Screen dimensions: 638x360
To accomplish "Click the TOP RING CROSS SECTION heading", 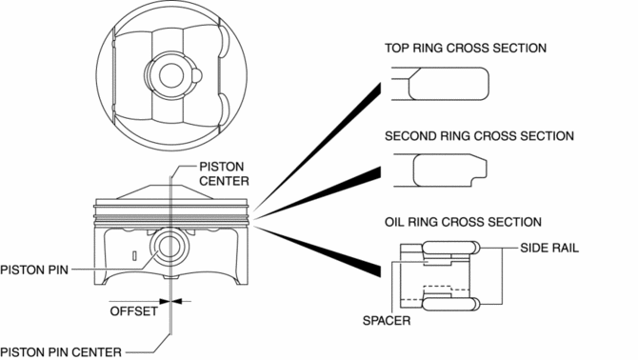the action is coord(466,48).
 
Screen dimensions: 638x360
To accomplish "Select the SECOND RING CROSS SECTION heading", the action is coord(479,136).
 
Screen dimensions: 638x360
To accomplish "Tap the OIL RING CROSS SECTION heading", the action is coord(463,222).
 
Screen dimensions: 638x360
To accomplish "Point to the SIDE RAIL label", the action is coord(549,248).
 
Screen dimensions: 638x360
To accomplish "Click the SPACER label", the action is coord(387,321).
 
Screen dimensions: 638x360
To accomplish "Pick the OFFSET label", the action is coord(134,311).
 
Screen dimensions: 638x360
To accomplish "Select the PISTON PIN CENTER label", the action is coord(61,352).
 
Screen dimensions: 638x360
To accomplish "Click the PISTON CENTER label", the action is coord(224,173).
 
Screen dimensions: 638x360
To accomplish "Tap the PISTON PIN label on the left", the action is coord(34,270).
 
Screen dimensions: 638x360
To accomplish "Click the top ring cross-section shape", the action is coord(449,84).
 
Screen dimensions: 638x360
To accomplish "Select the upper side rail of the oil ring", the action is coord(450,247).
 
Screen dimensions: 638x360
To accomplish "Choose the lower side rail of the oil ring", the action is coord(450,304).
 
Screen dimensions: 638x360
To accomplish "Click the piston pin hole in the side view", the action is coord(170,248).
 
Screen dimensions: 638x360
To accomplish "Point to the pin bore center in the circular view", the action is coord(171,75).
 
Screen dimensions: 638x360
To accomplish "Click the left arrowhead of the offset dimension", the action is coord(164,301).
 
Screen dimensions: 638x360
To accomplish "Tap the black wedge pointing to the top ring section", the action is coord(318,146).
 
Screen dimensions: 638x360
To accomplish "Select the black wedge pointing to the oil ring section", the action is coord(318,252).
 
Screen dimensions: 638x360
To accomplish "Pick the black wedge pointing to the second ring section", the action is coord(318,192).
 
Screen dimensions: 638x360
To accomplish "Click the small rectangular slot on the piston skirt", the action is coord(134,256).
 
